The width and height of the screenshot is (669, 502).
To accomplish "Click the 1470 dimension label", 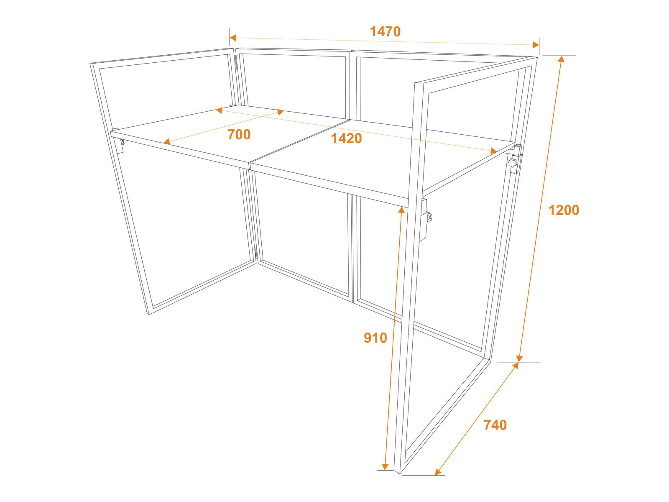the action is pyautogui.click(x=385, y=31).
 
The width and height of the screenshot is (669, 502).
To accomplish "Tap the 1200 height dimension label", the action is pyautogui.click(x=564, y=210).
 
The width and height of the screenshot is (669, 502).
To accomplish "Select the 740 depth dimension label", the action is pyautogui.click(x=495, y=425).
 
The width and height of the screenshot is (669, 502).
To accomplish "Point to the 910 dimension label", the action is pyautogui.click(x=375, y=338).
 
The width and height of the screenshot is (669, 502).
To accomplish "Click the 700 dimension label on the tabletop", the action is pyautogui.click(x=239, y=134).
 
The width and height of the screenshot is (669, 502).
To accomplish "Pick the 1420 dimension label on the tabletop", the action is pyautogui.click(x=346, y=139).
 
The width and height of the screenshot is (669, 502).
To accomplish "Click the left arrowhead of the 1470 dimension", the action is pyautogui.click(x=232, y=38).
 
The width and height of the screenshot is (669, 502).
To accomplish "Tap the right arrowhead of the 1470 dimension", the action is pyautogui.click(x=536, y=45).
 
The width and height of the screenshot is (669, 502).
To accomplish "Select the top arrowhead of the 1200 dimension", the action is pyautogui.click(x=561, y=59).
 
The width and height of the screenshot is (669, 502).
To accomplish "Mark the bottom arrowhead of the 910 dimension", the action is pyautogui.click(x=385, y=466).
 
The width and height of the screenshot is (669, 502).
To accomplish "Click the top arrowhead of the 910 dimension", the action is pyautogui.click(x=401, y=210).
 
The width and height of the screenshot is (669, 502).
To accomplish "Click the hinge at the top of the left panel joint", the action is pyautogui.click(x=236, y=62).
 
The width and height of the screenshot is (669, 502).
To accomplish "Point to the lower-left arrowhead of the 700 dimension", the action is pyautogui.click(x=167, y=141).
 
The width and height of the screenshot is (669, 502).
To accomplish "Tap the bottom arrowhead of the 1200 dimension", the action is pyautogui.click(x=519, y=359).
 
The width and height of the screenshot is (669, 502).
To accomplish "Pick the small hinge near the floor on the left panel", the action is pyautogui.click(x=256, y=254).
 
